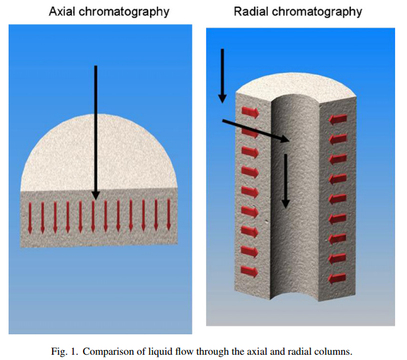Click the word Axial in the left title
coord(63,11)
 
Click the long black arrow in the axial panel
coord(95,133)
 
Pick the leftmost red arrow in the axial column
coord(30,218)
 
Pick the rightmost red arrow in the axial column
coord(169,215)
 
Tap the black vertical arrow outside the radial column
coord(222,76)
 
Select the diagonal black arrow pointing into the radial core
coord(256,130)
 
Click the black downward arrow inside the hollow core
coord(286,181)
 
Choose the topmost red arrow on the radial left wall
coord(250,113)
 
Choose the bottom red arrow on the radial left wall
coord(249,272)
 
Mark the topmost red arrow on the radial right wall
coord(338,119)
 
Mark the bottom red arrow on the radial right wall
coord(337,278)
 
